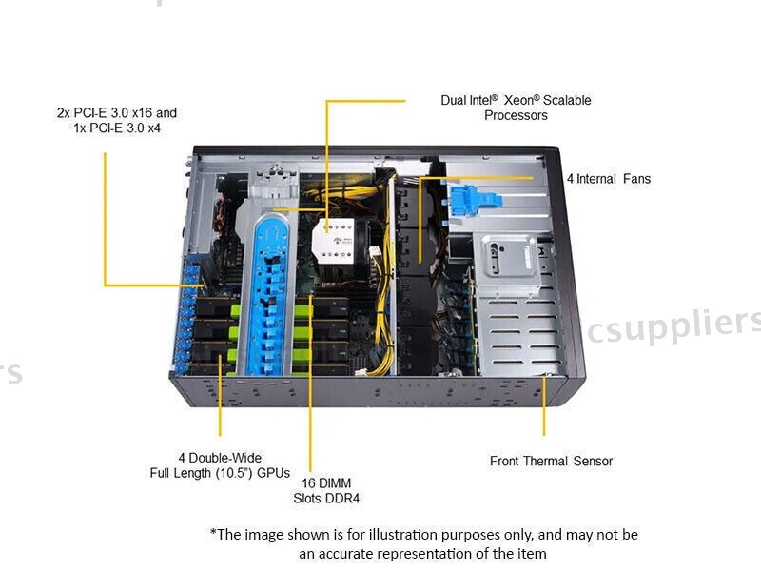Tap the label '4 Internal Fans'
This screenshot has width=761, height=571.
tap(609, 178)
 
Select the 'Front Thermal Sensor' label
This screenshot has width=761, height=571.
tap(551, 461)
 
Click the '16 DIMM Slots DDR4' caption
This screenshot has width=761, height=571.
tap(326, 490)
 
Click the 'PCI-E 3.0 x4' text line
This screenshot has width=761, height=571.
tap(117, 128)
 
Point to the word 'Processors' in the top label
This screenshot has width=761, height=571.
tap(516, 115)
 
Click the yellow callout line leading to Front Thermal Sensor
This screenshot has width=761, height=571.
tap(544, 409)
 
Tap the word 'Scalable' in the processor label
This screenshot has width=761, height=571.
tap(567, 100)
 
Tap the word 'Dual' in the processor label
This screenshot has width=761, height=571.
tap(454, 100)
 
